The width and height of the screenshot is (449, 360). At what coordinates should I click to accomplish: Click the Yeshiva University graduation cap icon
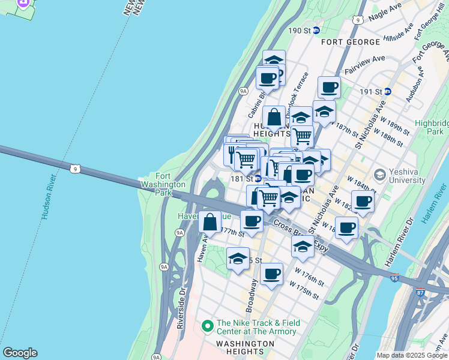point(379,174)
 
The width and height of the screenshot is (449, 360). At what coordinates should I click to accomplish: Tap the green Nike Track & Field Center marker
point(208,326)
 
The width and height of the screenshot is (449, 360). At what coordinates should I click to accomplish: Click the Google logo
point(20,353)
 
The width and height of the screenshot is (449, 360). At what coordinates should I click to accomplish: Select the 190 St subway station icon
point(316,30)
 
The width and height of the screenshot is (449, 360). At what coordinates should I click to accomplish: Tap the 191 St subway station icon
point(388,91)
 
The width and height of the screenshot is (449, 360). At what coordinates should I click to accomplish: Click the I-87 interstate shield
point(420,292)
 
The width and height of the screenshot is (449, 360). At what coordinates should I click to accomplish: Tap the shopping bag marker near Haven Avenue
point(209,222)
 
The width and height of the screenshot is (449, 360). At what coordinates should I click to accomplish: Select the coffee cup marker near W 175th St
point(271,274)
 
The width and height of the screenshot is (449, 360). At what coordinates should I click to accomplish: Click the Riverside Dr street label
point(182,309)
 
